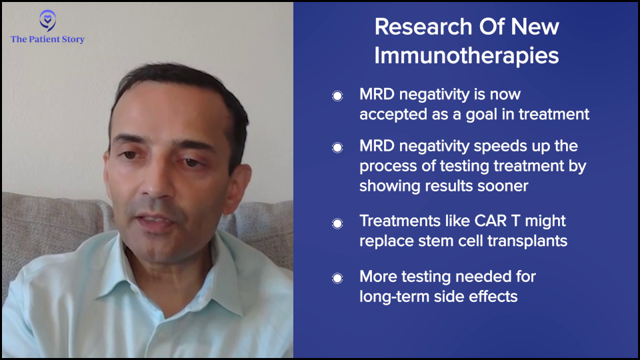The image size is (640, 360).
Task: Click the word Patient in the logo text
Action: [44, 39]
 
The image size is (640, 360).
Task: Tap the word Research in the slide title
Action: [423, 27]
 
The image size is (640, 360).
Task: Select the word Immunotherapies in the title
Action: [467, 55]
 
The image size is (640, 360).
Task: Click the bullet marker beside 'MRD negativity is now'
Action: [337, 96]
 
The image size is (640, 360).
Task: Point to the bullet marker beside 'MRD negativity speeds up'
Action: [337, 147]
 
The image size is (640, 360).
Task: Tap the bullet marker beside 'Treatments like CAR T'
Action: [337, 223]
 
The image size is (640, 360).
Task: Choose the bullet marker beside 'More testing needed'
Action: [337, 279]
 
